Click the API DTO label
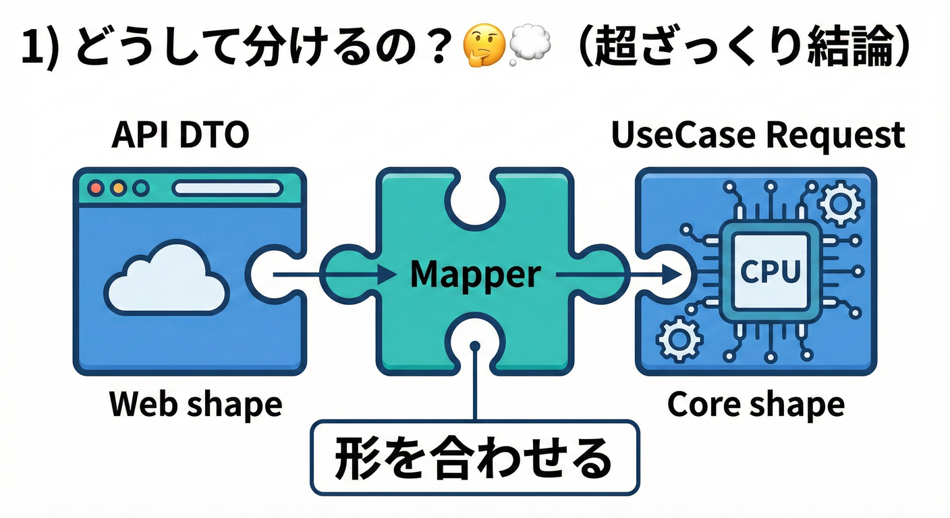180,136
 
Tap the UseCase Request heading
757,136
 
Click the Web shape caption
196,405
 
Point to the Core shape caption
756,405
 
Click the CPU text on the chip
770,272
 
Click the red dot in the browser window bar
96,188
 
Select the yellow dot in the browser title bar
118,188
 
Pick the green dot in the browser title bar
140,188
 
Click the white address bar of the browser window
227,188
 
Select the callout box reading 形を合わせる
474,458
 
